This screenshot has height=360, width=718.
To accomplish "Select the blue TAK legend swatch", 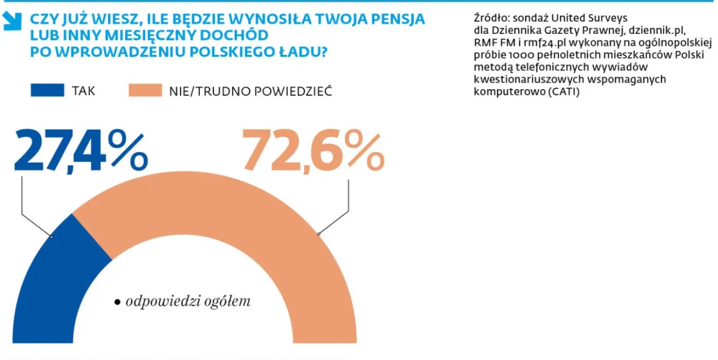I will (48, 91).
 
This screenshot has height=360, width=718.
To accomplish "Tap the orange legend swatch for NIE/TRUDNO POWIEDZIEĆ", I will (145, 91).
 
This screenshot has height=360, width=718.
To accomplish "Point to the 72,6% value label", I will (313, 151).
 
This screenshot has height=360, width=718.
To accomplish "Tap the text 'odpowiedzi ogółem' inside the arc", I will (188, 302).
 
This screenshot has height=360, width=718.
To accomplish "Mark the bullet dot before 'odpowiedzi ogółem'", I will (117, 302).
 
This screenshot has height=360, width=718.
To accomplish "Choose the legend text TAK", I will (84, 91).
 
